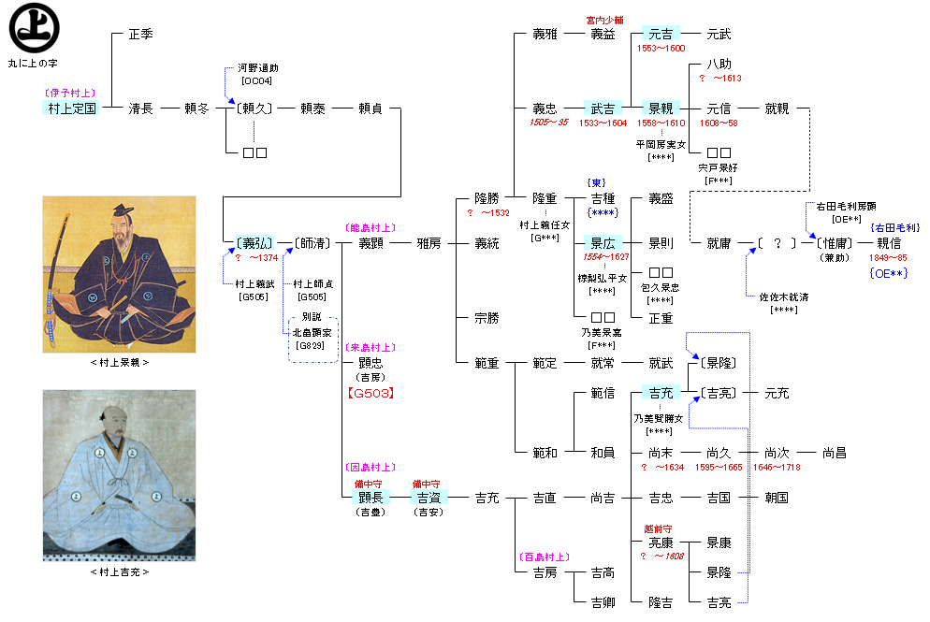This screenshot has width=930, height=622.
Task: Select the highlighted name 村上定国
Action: tap(72, 108)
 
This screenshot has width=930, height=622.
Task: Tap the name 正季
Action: tap(140, 35)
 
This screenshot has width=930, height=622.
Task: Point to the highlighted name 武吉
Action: tap(603, 108)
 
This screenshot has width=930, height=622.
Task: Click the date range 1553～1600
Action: tap(661, 48)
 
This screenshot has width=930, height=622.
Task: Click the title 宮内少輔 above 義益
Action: tap(603, 20)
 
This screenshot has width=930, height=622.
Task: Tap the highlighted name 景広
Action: tap(603, 244)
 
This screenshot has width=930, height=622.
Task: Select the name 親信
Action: tap(888, 244)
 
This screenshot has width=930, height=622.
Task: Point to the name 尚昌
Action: tap(834, 453)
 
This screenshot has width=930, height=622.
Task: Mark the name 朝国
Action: tap(776, 498)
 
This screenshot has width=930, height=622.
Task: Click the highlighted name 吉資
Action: tap(429, 498)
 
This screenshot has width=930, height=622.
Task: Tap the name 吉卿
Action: tap(603, 602)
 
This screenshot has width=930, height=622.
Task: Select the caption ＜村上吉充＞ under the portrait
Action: tap(119, 571)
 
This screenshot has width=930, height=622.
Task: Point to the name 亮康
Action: tap(661, 542)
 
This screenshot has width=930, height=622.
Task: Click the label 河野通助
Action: tap(257, 68)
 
